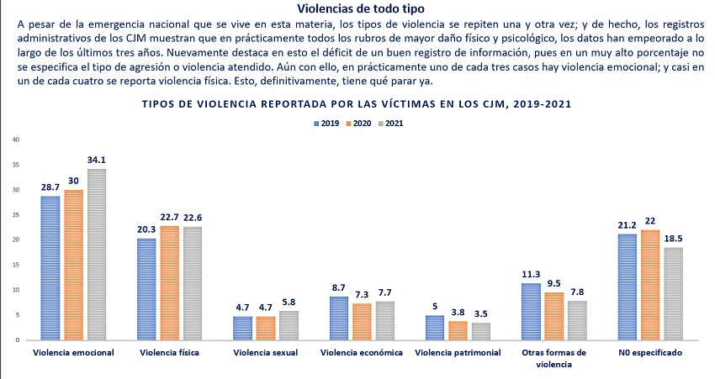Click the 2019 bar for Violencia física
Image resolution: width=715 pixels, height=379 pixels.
pos(147,289)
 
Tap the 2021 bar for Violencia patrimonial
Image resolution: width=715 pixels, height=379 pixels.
pos(482,331)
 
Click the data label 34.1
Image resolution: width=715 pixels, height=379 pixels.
pos(96,160)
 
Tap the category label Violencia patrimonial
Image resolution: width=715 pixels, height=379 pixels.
pos(458,353)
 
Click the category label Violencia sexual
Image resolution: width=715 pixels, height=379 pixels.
pos(267,353)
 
